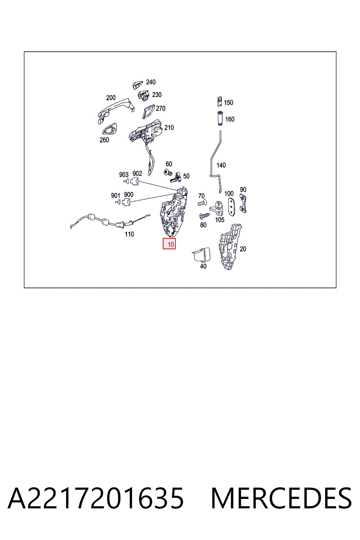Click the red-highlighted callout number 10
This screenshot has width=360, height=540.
coord(171,244)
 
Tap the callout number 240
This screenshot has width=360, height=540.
coord(151,82)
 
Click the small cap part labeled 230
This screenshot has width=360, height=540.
coord(144,96)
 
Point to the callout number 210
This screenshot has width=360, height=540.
coord(169,128)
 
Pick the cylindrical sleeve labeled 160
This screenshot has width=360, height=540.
coord(220,118)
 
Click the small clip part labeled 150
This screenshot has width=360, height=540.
coord(219,101)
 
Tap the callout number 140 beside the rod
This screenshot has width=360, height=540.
coord(221,165)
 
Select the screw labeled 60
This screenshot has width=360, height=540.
coord(168,173)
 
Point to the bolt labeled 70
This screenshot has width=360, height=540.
coord(202,203)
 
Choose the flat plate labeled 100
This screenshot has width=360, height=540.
coord(231,207)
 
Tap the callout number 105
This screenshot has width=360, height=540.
coord(220,220)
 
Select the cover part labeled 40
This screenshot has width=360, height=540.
coord(201,254)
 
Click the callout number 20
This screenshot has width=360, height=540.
coord(243,249)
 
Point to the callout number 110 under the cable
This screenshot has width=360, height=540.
coord(129,234)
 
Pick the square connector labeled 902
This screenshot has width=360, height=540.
coord(135,181)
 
